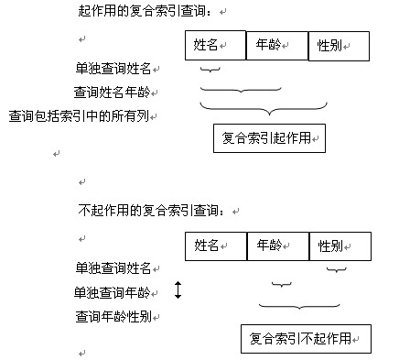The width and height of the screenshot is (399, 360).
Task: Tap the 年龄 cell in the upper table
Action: click(x=278, y=45)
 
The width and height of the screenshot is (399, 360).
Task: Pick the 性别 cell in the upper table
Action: click(x=339, y=45)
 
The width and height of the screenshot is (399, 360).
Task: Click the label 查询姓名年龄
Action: click(x=115, y=93)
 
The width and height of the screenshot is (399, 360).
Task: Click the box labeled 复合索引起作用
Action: click(x=269, y=138)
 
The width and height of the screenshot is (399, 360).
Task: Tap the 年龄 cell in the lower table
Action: click(x=278, y=245)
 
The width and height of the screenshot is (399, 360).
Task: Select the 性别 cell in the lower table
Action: click(x=340, y=245)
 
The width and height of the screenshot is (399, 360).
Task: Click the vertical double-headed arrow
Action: click(x=178, y=291)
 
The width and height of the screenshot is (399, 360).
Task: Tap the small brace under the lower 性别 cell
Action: click(x=337, y=270)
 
